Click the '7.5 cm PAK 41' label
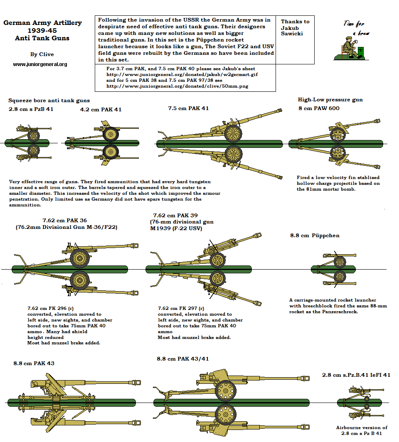tap(188, 108)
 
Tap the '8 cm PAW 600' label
tap(318, 108)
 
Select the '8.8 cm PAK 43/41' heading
tap(182, 359)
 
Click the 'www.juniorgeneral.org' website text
tap(40, 64)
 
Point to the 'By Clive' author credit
tap(42, 54)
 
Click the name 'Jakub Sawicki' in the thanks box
tap(292, 31)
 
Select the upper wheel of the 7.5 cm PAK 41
tap(233, 133)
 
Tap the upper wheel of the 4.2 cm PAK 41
tap(111, 134)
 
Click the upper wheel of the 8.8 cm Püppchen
tap(340, 262)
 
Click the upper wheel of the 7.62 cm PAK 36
tap(79, 258)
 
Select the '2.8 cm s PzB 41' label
tap(31, 109)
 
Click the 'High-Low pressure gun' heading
tap(330, 100)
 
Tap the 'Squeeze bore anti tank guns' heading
tap(49, 101)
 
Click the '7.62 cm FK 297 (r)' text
tap(181, 308)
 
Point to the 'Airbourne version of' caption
tap(362, 427)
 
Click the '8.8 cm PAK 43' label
tap(34, 363)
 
